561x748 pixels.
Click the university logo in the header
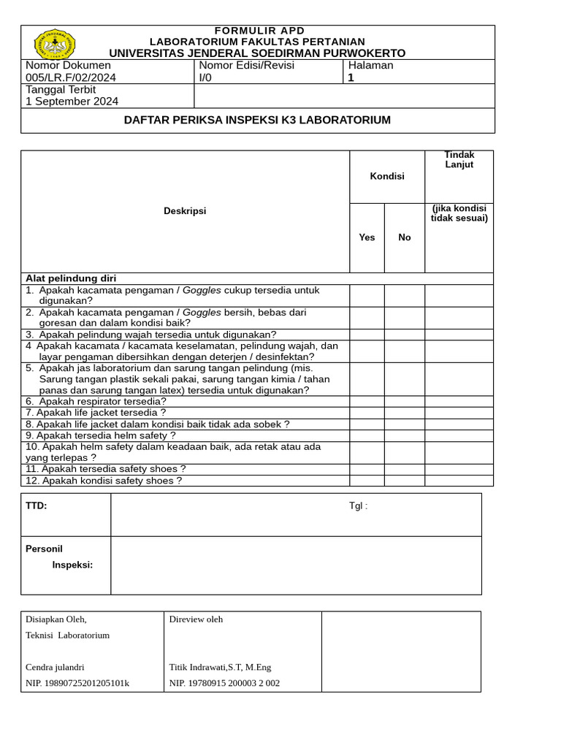point(56,45)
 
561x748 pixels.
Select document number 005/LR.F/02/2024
point(71,77)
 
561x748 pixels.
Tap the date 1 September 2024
point(72,102)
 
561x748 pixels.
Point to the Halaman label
point(370,65)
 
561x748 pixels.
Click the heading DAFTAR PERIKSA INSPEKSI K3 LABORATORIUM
point(257,120)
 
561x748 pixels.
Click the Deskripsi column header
point(185,211)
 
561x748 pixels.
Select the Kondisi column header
point(387,176)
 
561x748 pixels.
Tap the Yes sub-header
point(367,237)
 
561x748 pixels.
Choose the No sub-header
point(405,237)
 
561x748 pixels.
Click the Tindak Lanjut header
point(459,159)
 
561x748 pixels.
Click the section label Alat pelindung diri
point(71,278)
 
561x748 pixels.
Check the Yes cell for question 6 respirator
point(367,401)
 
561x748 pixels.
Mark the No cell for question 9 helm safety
point(405,435)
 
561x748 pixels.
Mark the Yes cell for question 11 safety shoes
point(367,469)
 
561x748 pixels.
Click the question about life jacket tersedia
point(96,413)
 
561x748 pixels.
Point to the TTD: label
point(37,505)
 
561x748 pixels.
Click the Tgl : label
point(358,507)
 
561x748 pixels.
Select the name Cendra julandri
point(55,667)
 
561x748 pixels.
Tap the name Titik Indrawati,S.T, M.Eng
point(220,667)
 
